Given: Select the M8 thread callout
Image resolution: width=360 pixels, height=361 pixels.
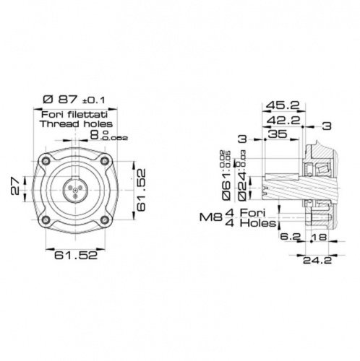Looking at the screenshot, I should pos(209,216).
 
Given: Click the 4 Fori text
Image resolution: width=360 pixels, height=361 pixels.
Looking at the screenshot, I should pos(247,212).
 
